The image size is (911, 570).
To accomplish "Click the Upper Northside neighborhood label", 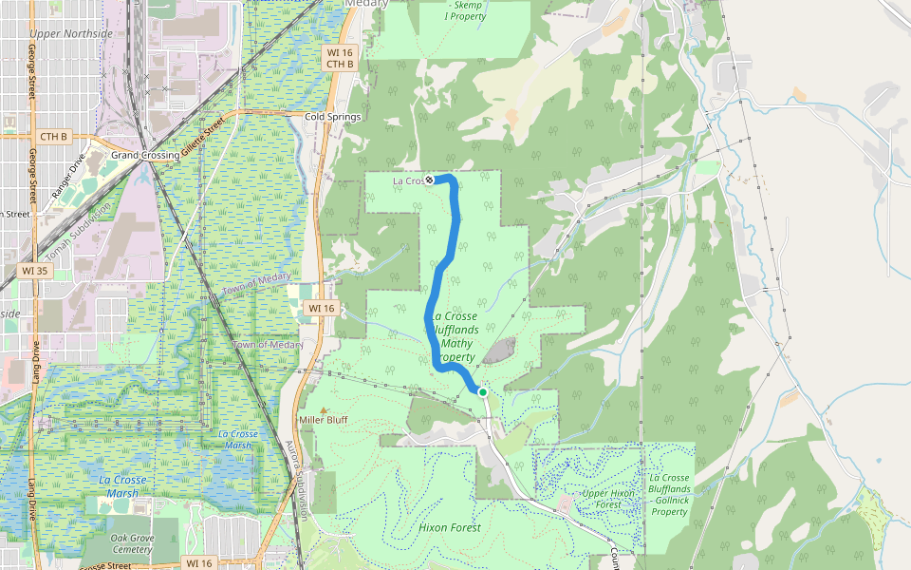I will click(71, 34).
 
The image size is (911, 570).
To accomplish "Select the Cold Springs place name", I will click(333, 117).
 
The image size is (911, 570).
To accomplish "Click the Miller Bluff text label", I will click(324, 420).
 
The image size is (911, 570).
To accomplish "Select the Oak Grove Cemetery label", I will click(131, 543).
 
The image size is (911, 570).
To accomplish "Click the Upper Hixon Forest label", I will click(607, 499).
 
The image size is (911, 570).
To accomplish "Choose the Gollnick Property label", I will click(670, 494).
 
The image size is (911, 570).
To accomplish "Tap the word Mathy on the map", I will click(458, 343).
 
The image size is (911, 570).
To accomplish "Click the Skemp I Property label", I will click(467, 10).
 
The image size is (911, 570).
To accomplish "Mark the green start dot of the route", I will click(482, 391).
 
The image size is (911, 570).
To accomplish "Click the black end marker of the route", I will click(429, 180).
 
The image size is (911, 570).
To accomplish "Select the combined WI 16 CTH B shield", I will click(339, 58).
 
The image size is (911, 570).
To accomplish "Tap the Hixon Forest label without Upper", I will click(450, 527).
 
